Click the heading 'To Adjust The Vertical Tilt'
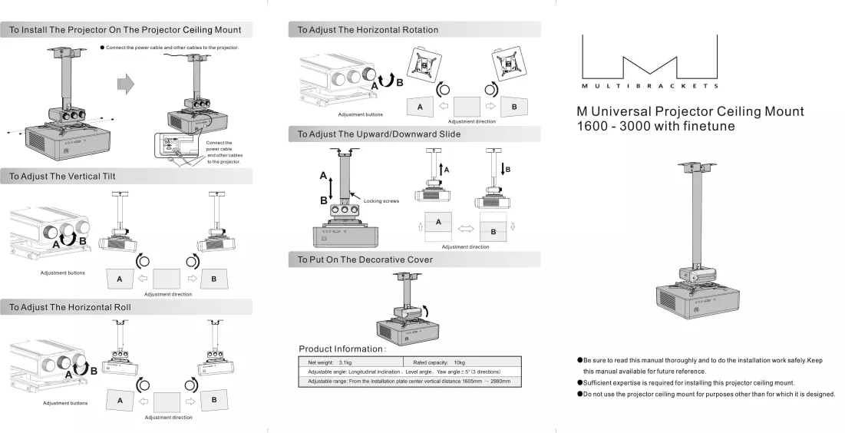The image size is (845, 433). coord(62,177)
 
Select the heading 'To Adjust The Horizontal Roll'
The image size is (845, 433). coord(70,307)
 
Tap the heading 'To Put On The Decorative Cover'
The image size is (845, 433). coord(365,260)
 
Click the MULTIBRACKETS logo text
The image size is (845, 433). coord(650,86)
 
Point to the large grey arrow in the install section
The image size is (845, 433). coord(126,84)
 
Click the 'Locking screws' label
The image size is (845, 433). coord(381,201)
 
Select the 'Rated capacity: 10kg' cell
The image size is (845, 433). coord(439,362)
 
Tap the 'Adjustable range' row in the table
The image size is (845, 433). coord(409,382)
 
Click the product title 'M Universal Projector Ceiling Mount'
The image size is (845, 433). coord(690,111)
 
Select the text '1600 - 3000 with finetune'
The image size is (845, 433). coord(656,126)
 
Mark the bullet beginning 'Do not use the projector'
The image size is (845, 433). coord(706,394)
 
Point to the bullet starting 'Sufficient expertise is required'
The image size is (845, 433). coord(686,383)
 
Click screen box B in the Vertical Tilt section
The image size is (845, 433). coord(214,279)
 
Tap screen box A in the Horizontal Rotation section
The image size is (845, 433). coord(421,107)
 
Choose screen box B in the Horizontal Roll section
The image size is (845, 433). coord(214,400)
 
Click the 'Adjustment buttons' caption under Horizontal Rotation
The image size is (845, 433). coord(361,115)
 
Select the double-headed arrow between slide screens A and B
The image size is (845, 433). coord(466,229)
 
